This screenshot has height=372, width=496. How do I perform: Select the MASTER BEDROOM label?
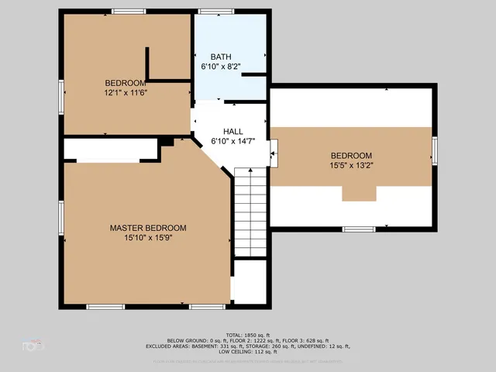coord(147,228)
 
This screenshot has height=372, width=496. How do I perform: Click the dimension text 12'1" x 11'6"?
coord(126,92)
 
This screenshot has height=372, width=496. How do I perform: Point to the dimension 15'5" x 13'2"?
coord(351,164)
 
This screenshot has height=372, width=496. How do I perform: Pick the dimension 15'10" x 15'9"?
coord(147,237)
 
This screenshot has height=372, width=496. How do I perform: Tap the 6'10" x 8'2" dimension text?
coord(220,67)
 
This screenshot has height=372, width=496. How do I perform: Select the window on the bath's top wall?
coord(210,11)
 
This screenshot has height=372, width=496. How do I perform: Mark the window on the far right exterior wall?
coord(435,150)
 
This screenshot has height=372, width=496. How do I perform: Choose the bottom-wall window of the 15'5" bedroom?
coord(359,229)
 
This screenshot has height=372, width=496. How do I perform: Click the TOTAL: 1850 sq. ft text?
coord(247,335)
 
